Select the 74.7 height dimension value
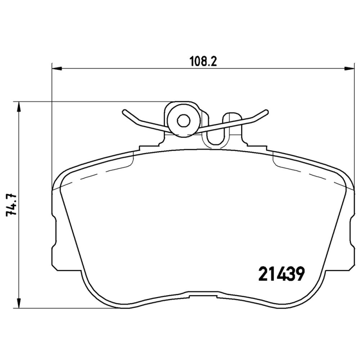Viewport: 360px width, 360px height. (11, 205)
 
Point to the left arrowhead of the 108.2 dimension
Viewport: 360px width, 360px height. (56, 69)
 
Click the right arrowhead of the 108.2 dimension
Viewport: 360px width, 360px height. (350, 69)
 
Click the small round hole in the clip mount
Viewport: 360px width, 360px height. (183, 120)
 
